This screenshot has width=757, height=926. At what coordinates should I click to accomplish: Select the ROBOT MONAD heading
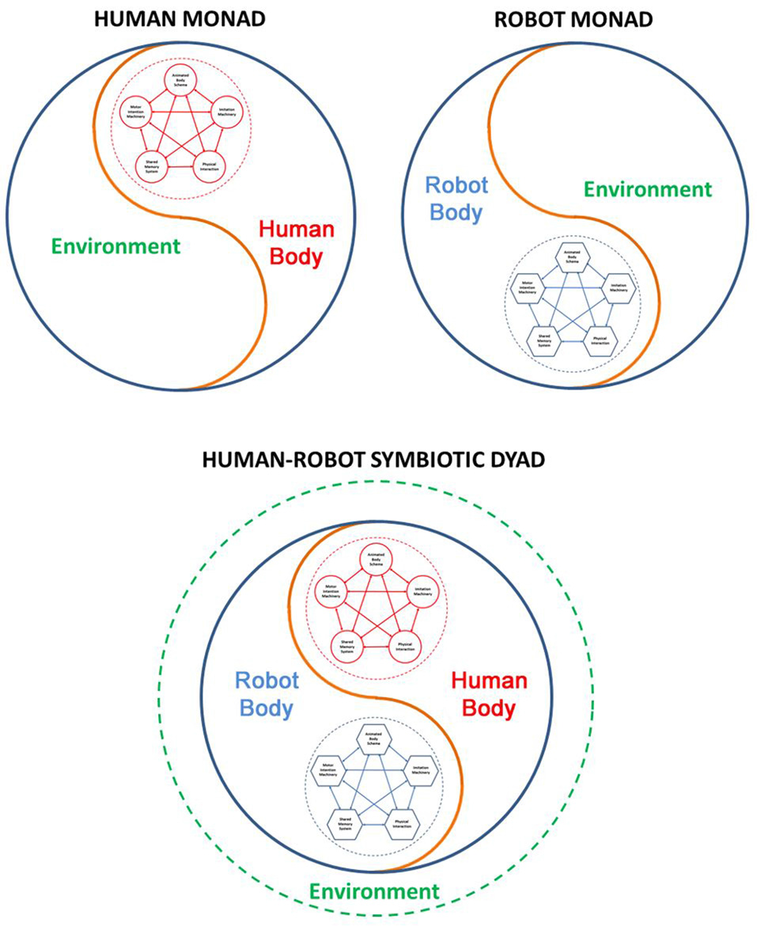(573, 20)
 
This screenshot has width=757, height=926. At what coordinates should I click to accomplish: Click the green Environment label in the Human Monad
(116, 245)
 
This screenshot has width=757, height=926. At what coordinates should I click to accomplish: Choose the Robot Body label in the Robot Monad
(456, 198)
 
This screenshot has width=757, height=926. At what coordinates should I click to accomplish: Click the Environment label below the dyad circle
(374, 891)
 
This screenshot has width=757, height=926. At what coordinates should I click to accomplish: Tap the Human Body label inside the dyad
(488, 693)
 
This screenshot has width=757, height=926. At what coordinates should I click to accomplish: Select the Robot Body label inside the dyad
(266, 693)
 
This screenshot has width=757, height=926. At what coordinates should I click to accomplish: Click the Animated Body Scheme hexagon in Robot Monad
(573, 257)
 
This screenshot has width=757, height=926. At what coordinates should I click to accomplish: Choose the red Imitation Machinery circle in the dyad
(420, 592)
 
